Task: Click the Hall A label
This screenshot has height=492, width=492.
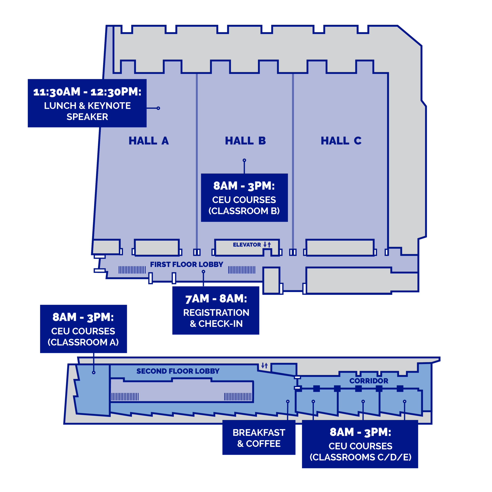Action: [x=149, y=140]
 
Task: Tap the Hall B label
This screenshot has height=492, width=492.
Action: [x=245, y=140]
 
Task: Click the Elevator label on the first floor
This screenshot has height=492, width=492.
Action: [x=247, y=245]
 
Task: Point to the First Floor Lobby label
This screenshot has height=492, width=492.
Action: [x=186, y=265]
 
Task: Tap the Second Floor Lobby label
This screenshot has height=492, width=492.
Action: [x=178, y=371]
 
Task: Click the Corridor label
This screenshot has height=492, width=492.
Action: [x=368, y=381]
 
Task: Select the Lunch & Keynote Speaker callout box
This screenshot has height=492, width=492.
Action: [x=87, y=103]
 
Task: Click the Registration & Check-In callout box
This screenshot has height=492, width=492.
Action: [x=216, y=310]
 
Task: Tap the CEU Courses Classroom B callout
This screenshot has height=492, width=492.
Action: [x=244, y=198]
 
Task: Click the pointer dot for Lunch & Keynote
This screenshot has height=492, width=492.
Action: [x=158, y=108]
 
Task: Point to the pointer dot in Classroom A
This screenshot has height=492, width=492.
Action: [x=94, y=373]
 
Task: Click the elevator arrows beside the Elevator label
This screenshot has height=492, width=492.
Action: [x=267, y=244]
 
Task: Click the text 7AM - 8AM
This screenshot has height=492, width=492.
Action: [x=216, y=299]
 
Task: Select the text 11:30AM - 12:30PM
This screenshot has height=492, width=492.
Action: [x=87, y=92]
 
